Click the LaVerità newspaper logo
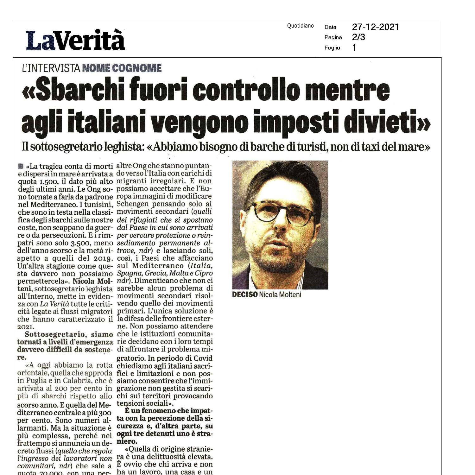75,40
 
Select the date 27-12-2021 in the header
375,27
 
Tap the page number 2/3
358,37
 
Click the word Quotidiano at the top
300,26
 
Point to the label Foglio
332,48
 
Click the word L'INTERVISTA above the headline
51,68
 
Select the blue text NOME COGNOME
122,68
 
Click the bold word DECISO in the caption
245,294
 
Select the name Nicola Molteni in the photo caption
280,294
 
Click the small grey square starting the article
21,166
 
